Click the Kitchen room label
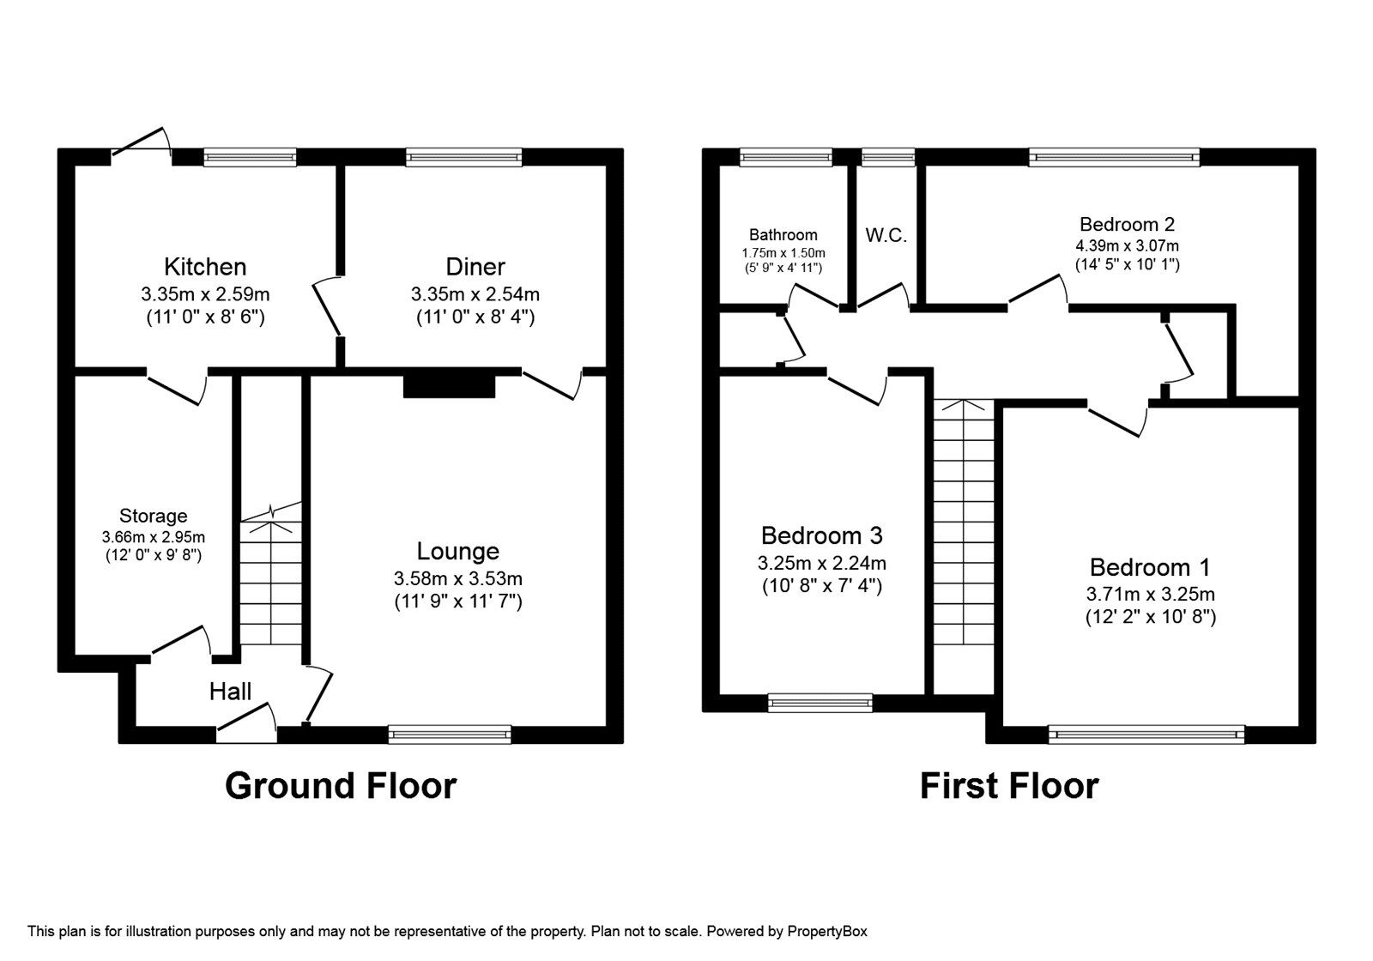[205, 266]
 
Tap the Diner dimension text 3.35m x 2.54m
[475, 294]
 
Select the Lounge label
[457, 551]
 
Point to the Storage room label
[153, 516]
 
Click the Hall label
[230, 692]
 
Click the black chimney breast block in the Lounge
[449, 384]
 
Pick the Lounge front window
[449, 734]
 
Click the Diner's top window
[463, 156]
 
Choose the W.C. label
[886, 235]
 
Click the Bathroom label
[783, 235]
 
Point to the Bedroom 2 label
[1127, 225]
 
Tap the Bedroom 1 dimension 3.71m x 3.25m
[1150, 594]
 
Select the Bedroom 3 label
[821, 536]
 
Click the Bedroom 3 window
[820, 703]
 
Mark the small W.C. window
[888, 156]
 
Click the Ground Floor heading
[341, 786]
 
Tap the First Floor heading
[1008, 786]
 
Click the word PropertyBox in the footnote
[827, 931]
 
